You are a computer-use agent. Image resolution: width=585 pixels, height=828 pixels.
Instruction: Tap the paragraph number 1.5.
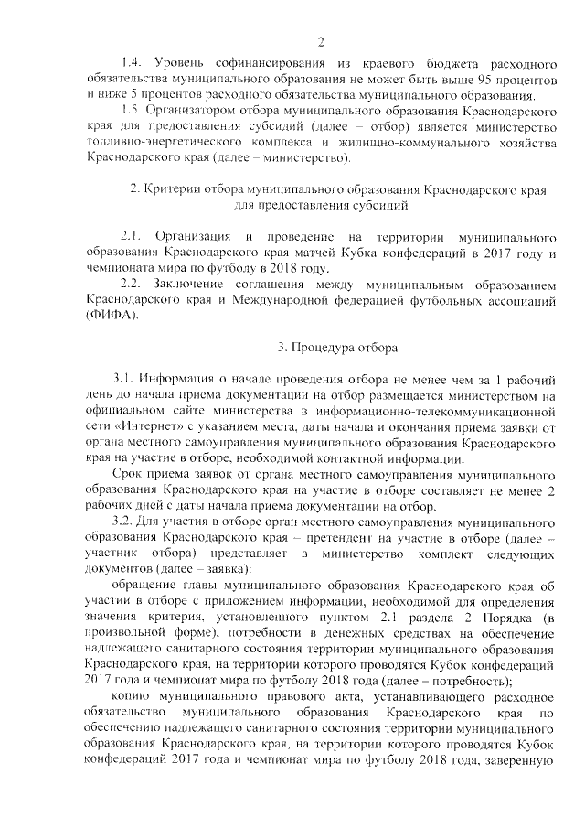pos(132,111)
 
